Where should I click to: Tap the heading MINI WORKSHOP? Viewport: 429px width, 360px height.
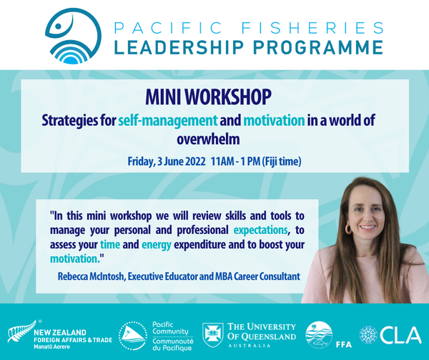coord(214,96)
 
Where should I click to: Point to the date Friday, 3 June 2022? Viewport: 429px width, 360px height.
coord(165,162)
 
